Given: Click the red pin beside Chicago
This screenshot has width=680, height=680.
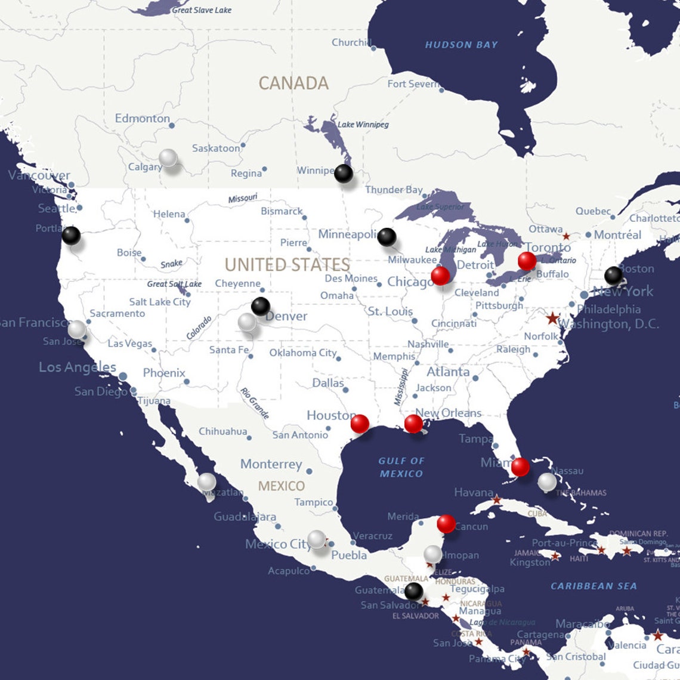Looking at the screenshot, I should [x=440, y=276].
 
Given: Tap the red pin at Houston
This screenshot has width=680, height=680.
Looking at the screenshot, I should [x=360, y=424].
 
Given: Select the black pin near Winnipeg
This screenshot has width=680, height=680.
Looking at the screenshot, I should [x=344, y=174].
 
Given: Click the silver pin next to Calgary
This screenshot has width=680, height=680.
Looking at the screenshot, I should [x=168, y=158].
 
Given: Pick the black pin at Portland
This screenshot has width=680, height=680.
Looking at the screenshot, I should [x=71, y=236].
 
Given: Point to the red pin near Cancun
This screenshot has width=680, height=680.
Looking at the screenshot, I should [x=446, y=524].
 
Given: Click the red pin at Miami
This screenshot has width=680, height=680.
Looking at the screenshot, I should [x=520, y=466].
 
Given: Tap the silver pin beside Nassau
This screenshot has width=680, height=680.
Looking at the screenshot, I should [x=547, y=482].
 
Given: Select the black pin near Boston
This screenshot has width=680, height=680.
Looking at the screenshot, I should [x=613, y=276].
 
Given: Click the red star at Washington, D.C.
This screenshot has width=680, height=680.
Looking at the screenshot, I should [x=552, y=318].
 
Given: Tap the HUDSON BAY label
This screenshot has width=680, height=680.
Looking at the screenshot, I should [x=461, y=45].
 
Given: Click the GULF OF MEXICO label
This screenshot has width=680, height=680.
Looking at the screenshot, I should [x=401, y=467].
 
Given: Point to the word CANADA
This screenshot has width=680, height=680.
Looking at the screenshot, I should [x=293, y=84].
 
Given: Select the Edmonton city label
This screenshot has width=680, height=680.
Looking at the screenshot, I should [x=143, y=118].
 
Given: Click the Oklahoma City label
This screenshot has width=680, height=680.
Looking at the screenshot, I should [x=303, y=353].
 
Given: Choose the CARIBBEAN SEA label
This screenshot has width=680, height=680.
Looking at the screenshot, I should [x=594, y=586].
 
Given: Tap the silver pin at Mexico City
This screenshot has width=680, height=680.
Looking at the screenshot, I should [x=317, y=539].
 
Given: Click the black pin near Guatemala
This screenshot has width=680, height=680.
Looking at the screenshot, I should [x=413, y=592].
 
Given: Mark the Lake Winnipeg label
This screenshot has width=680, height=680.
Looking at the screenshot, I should [x=363, y=125].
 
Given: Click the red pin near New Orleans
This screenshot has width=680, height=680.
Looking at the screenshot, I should [x=413, y=424].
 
